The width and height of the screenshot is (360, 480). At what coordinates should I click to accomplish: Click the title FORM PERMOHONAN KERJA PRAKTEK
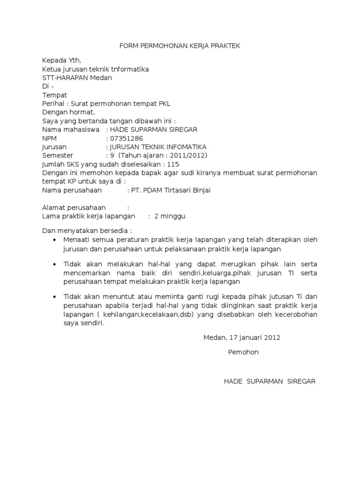click(x=180, y=45)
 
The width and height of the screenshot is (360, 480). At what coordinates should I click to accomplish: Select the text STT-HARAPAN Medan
click(x=77, y=78)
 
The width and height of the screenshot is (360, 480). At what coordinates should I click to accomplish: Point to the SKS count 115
click(x=173, y=165)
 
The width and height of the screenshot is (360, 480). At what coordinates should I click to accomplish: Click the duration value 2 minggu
click(x=170, y=216)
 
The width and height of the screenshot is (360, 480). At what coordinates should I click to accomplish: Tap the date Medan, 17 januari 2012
click(x=242, y=337)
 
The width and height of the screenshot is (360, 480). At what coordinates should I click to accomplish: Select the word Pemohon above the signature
click(x=243, y=352)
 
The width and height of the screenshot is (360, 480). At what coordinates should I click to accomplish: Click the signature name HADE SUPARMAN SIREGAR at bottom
click(x=270, y=381)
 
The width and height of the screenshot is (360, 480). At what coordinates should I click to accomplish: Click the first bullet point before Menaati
click(x=55, y=240)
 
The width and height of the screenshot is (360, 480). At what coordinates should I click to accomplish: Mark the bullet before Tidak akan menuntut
click(x=55, y=298)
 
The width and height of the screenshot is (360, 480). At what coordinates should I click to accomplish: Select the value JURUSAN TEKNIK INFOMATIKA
click(x=157, y=147)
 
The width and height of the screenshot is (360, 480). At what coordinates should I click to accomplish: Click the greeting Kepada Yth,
click(x=61, y=60)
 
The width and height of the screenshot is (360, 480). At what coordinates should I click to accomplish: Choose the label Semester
click(x=58, y=156)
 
